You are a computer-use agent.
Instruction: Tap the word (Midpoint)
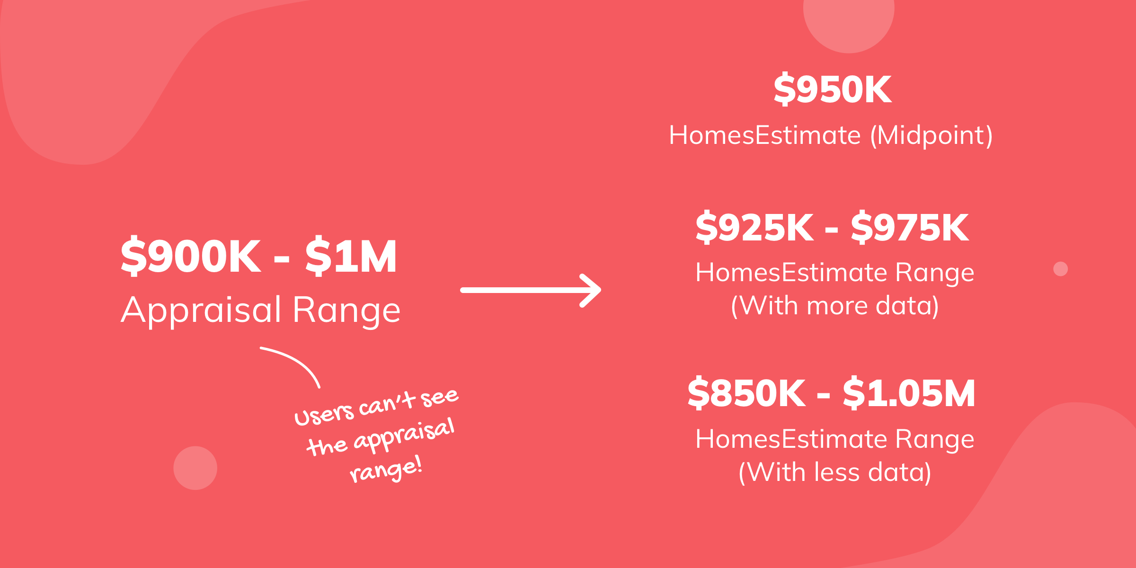click(931, 136)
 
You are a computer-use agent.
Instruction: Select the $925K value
click(754, 227)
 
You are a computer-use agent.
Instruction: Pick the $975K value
click(910, 227)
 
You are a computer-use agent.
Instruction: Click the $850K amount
click(746, 393)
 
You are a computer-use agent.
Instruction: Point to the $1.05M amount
click(909, 393)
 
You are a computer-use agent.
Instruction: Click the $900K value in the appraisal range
click(191, 256)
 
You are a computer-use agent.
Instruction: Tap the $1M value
click(351, 256)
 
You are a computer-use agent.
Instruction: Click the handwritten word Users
click(324, 414)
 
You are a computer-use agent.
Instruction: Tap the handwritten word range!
click(385, 470)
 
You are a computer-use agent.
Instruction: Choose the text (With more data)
click(835, 306)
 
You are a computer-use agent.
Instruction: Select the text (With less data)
click(835, 472)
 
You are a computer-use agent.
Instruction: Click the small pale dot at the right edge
click(1061, 269)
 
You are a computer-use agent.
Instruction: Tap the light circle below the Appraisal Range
click(195, 468)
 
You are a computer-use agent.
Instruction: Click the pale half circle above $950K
click(849, 24)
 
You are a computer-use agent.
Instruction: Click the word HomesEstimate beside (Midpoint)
click(765, 136)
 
